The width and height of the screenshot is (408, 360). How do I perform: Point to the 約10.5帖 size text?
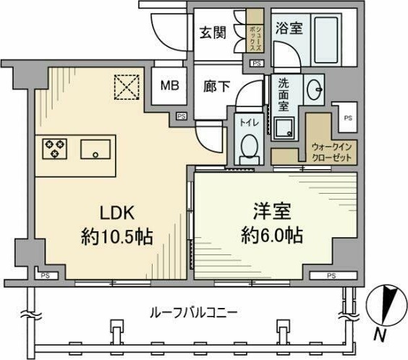(117, 236)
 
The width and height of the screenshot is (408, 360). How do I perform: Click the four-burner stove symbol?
(54, 149)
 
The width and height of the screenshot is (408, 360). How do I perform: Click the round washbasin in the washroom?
(316, 90)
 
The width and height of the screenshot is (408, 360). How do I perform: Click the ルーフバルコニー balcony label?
(194, 312)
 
